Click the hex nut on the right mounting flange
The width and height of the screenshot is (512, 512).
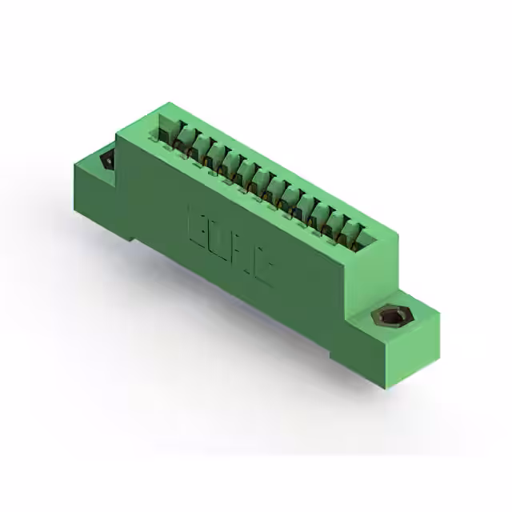coord(391,318)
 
